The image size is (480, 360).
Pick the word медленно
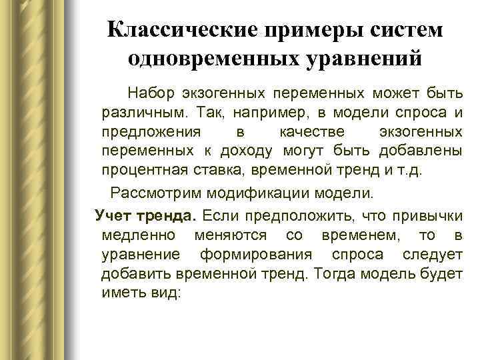(139, 235)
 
